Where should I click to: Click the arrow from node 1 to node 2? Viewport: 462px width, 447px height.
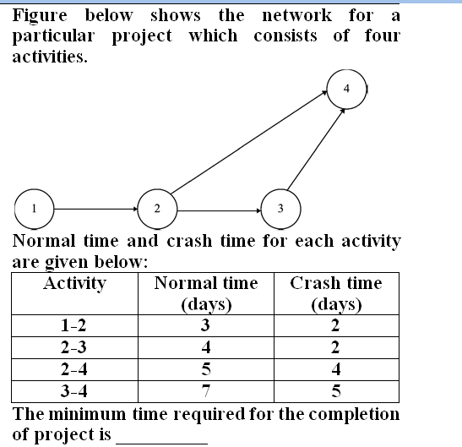(95, 209)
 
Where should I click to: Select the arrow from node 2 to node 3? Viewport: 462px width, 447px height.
(220, 210)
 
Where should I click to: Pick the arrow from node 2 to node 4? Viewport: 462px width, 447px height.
(249, 143)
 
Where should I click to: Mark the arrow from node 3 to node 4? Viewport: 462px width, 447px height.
(316, 150)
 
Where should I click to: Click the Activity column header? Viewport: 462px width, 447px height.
(74, 284)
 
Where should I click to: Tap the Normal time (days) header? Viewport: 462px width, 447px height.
(206, 293)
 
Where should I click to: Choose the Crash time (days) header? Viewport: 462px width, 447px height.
(336, 293)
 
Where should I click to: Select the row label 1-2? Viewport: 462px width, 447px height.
(73, 325)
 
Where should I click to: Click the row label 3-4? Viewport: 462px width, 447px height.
(74, 391)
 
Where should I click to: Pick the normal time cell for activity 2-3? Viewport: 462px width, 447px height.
(206, 347)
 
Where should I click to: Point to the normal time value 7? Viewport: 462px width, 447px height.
(206, 391)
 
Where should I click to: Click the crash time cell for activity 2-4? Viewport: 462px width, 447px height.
(336, 369)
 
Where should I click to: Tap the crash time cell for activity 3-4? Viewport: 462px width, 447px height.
(336, 391)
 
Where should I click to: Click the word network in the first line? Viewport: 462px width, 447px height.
(297, 15)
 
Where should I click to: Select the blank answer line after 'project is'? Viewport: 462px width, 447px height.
(162, 443)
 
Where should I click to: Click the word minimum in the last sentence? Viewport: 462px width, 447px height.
(87, 414)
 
